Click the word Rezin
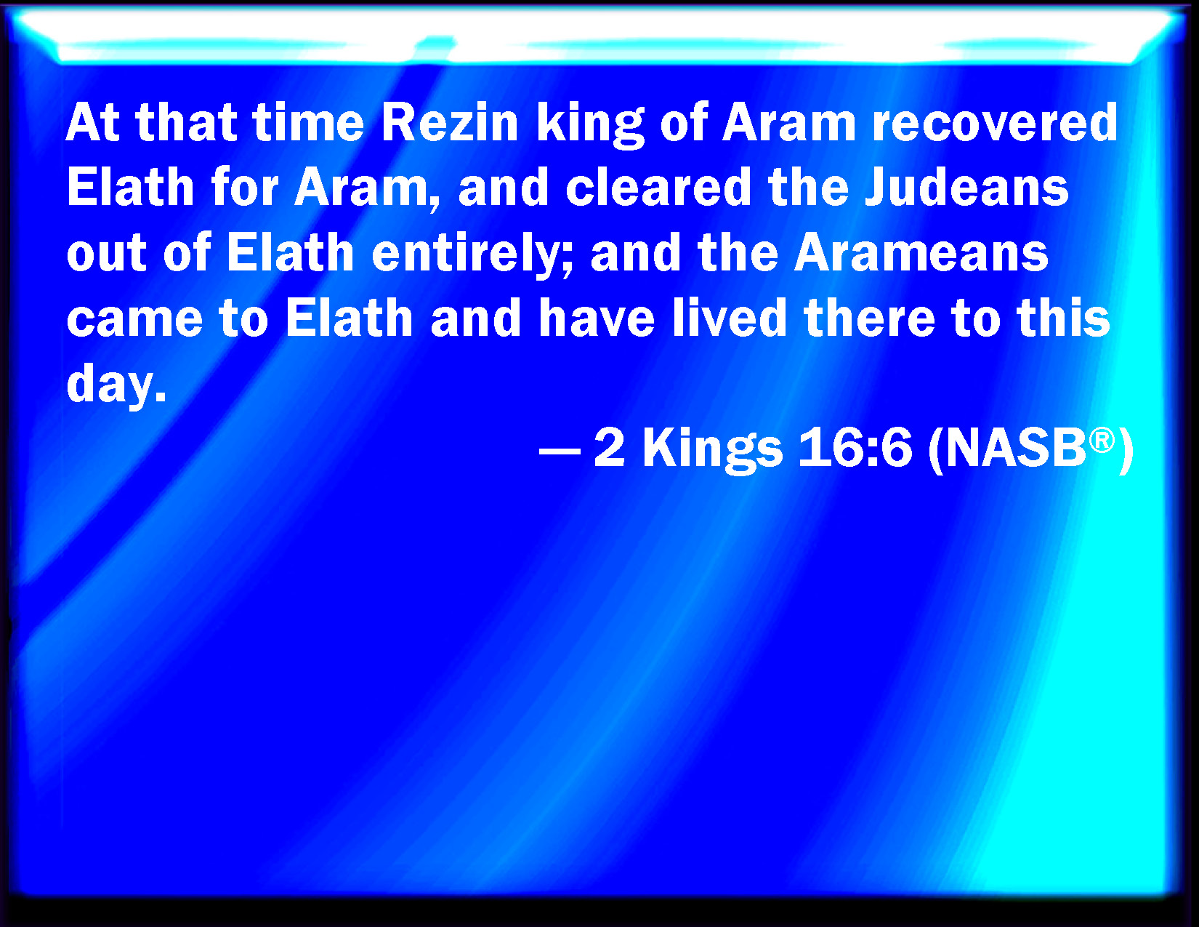449,123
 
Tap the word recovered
995,123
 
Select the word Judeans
966,188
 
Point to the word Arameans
921,253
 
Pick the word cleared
658,188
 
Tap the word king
590,126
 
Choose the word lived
729,318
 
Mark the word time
308,123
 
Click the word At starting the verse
93,123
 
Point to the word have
597,318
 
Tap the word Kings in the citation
712,451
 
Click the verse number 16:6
855,449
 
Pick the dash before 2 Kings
559,451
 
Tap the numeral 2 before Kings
609,449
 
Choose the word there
869,318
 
